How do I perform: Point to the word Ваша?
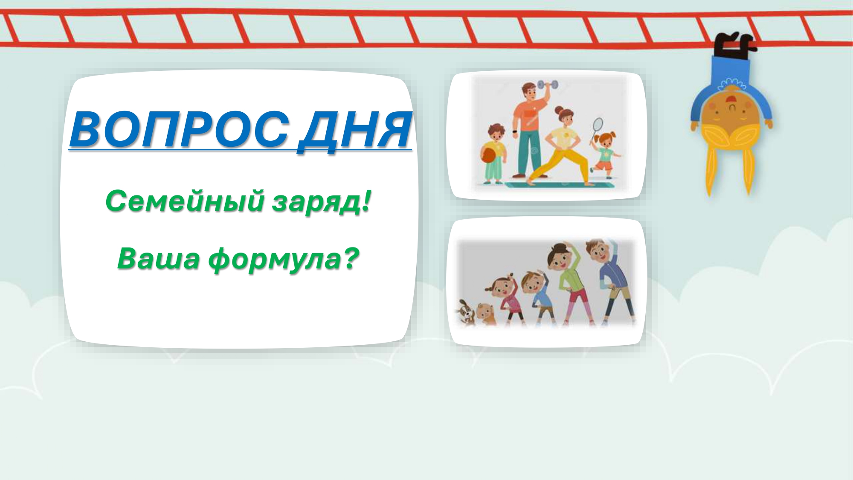pos(158,259)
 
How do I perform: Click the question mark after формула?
pos(350,258)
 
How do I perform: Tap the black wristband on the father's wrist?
pos(516,131)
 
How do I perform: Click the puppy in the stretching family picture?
pos(466,314)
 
